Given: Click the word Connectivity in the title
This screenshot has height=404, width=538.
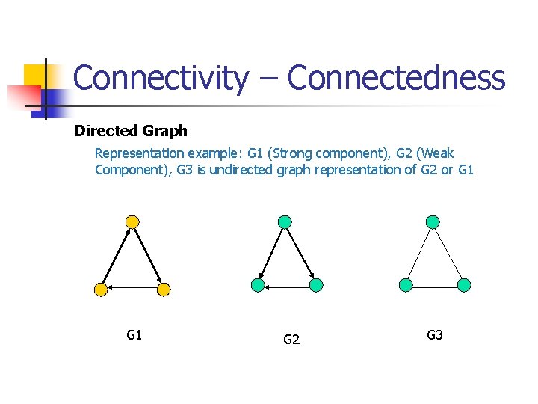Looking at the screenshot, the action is pyautogui.click(x=161, y=79).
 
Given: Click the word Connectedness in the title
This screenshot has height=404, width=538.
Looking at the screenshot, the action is pyautogui.click(x=396, y=79).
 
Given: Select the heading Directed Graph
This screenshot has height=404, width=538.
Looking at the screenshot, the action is pyautogui.click(x=131, y=132).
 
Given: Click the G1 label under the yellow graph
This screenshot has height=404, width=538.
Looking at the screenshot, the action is pyautogui.click(x=134, y=335).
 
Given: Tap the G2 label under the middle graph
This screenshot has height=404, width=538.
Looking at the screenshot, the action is pyautogui.click(x=291, y=340).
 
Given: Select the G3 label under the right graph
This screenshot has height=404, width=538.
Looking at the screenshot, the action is pyautogui.click(x=435, y=335).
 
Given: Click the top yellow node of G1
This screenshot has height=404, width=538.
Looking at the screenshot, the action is pyautogui.click(x=132, y=222).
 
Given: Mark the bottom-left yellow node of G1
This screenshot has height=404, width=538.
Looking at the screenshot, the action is pyautogui.click(x=100, y=289).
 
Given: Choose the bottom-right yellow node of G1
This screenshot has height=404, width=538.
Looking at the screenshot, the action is pyautogui.click(x=164, y=289).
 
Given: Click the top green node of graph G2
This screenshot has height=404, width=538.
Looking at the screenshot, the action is pyautogui.click(x=284, y=221).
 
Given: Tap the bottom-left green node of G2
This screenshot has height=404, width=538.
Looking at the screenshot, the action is pyautogui.click(x=258, y=285).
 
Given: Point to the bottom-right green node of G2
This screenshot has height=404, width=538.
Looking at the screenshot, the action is pyautogui.click(x=316, y=285).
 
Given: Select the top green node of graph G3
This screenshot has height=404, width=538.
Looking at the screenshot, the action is pyautogui.click(x=433, y=221).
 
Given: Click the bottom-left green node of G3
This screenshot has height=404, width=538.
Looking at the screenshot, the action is pyautogui.click(x=406, y=285).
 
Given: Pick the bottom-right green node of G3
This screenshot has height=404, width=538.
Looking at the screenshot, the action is pyautogui.click(x=464, y=285).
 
